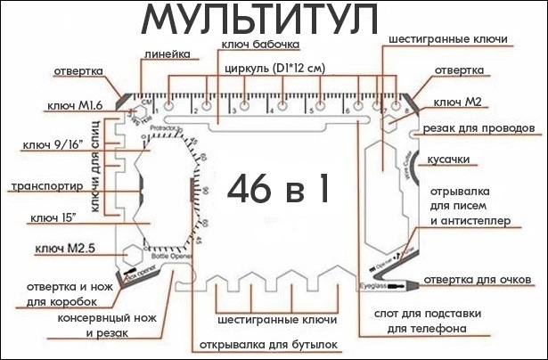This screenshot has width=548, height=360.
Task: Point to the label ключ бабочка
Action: pos(258,44)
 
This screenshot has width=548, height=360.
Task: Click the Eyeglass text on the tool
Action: pos(372,285)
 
